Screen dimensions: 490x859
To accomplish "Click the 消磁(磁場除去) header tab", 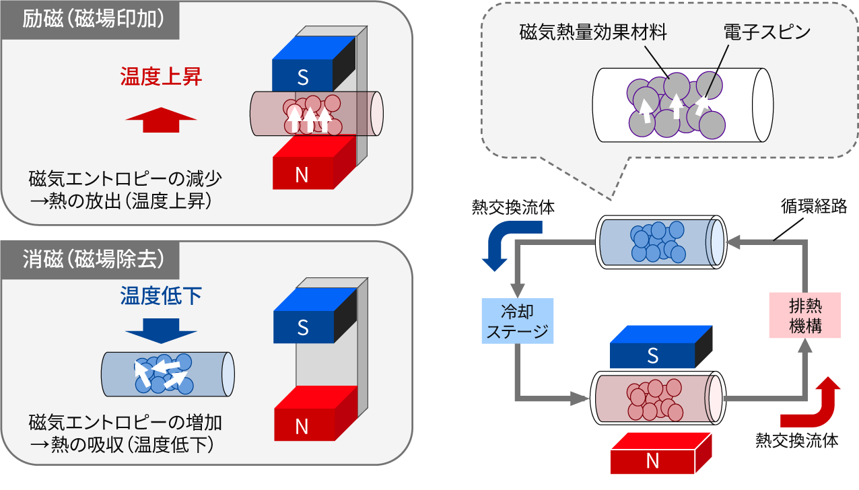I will tap(92, 258).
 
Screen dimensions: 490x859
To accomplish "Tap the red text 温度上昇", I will tap(161, 77).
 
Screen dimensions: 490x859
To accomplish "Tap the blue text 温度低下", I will tap(161, 296).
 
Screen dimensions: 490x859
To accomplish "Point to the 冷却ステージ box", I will tap(518, 322).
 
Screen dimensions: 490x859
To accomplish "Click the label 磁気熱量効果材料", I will tap(592, 32).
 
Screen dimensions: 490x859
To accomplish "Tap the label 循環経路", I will tap(813, 207).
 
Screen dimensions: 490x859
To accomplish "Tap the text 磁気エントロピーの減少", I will tap(125, 180).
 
